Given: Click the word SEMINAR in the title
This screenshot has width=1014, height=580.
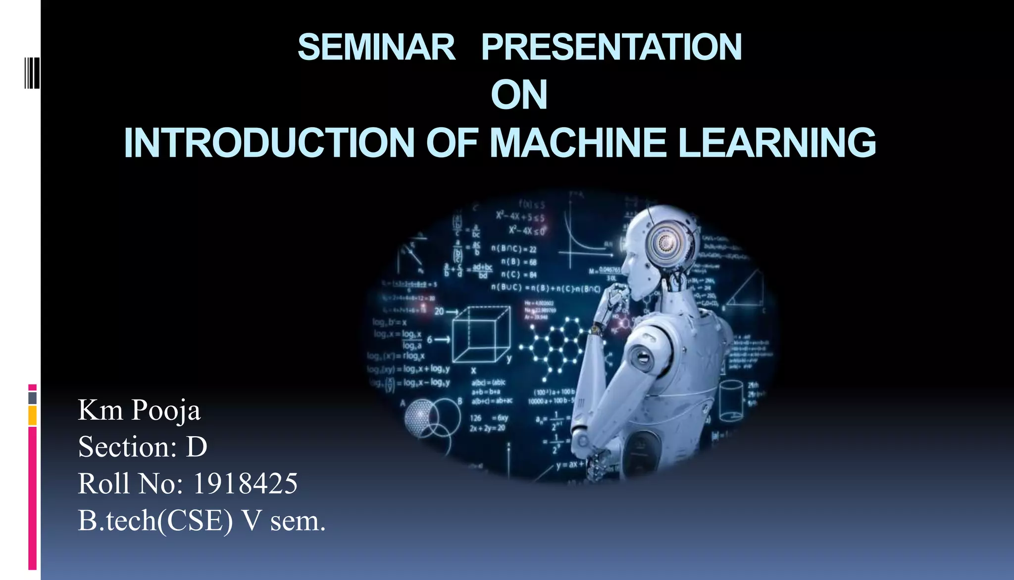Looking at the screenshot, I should click(376, 48).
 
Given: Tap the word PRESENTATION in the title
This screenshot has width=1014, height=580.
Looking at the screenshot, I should click(611, 48).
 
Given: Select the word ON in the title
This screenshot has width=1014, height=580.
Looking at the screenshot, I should click(519, 95).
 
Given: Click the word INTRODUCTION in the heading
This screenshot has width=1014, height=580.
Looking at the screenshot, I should click(269, 143).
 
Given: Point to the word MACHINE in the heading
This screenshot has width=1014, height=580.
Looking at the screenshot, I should click(578, 143).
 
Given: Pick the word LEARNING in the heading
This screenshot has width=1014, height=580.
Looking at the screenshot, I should click(777, 143).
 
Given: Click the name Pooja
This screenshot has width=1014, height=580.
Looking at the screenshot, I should click(166, 411).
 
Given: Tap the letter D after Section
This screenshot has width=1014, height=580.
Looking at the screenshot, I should click(197, 447).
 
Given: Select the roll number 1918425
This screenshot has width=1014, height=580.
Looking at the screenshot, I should click(245, 483).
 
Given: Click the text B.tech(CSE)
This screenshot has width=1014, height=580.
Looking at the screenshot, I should click(155, 521).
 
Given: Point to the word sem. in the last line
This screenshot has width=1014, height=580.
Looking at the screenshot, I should click(298, 521).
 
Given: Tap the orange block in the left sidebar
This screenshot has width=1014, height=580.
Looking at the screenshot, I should click(32, 415).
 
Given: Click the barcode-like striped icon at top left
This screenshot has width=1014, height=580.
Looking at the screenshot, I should click(32, 73).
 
